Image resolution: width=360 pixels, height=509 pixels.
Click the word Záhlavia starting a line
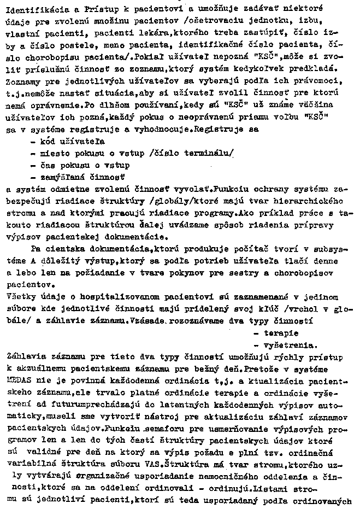(23, 357)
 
